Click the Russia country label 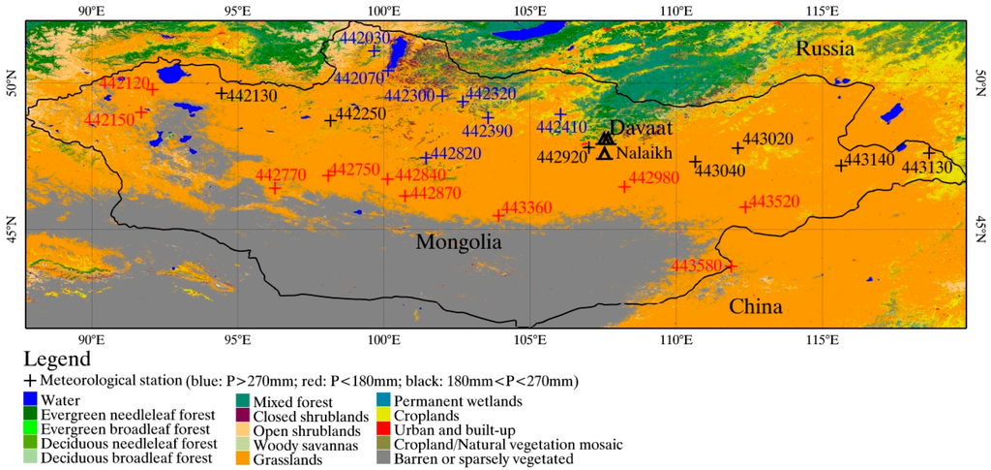(826, 48)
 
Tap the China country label (755, 307)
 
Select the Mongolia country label (459, 242)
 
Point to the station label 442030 (366, 38)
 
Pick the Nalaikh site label (644, 153)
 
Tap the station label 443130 (927, 168)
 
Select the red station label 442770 (281, 174)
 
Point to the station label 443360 (527, 207)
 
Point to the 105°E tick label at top (529, 11)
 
